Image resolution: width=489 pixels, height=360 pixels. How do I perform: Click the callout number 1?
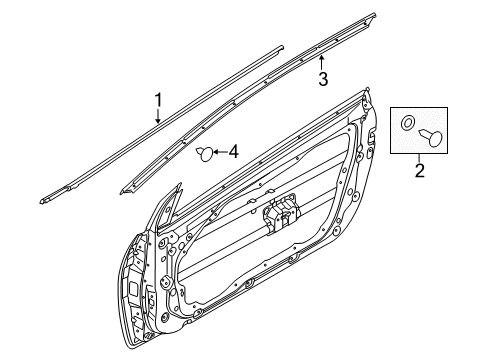tap(158, 99)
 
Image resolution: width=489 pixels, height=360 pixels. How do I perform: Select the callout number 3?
tap(323, 78)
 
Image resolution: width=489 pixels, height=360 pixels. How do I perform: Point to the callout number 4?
tap(233, 152)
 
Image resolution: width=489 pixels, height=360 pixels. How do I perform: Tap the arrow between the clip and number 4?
tap(219, 152)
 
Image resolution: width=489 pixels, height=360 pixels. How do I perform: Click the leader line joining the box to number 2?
tap(420, 158)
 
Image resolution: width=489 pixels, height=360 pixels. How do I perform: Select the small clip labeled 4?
tap(204, 153)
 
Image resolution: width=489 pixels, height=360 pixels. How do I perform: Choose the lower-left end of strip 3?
tap(126, 190)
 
